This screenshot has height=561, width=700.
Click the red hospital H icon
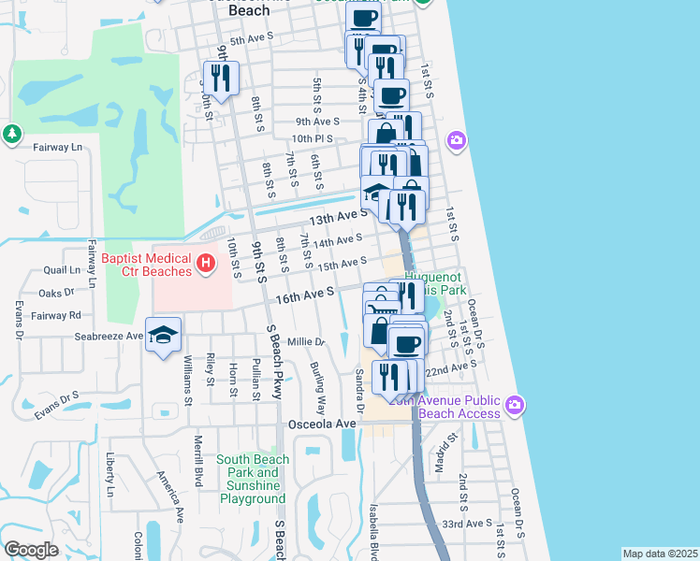(206, 265)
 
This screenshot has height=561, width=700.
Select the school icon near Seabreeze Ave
(163, 336)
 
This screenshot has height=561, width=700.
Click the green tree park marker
(12, 135)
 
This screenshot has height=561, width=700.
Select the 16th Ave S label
(305, 295)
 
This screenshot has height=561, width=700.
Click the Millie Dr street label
(306, 341)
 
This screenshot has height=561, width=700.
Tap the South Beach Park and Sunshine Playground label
(252, 479)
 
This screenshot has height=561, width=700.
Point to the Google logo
(31, 550)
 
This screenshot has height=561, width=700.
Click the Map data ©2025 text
(661, 554)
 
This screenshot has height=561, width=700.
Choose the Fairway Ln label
(57, 147)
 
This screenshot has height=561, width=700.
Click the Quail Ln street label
(62, 270)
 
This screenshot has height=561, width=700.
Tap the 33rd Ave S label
(466, 524)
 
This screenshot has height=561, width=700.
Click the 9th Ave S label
(317, 122)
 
